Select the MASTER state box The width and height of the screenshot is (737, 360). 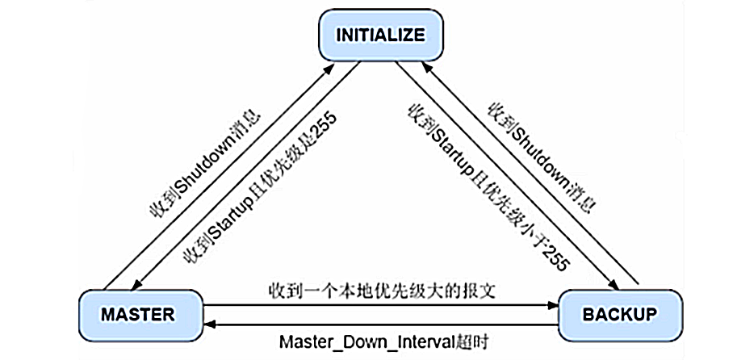[x=137, y=315]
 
